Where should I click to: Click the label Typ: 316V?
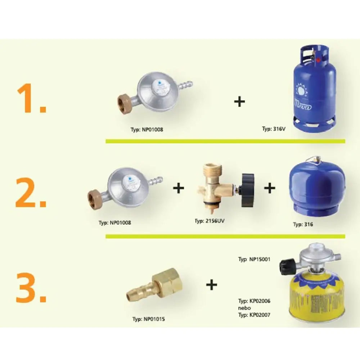click(x=274, y=128)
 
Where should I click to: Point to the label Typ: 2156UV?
click(x=209, y=220)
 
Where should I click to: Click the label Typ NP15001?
click(x=254, y=259)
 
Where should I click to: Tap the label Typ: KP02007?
click(x=254, y=315)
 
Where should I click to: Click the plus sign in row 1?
click(x=239, y=102)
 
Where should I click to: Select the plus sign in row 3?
click(x=212, y=285)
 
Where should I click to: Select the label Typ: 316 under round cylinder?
click(x=303, y=224)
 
